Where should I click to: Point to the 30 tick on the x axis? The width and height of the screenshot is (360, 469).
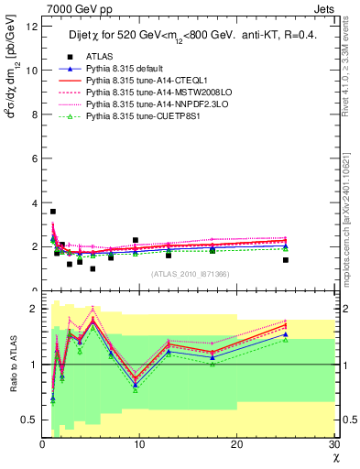[x=333, y=445]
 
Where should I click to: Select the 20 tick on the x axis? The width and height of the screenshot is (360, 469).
[x=236, y=445]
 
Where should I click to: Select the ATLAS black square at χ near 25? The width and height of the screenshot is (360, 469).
[x=286, y=260]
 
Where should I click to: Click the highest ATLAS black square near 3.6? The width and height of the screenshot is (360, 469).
[x=53, y=212]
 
